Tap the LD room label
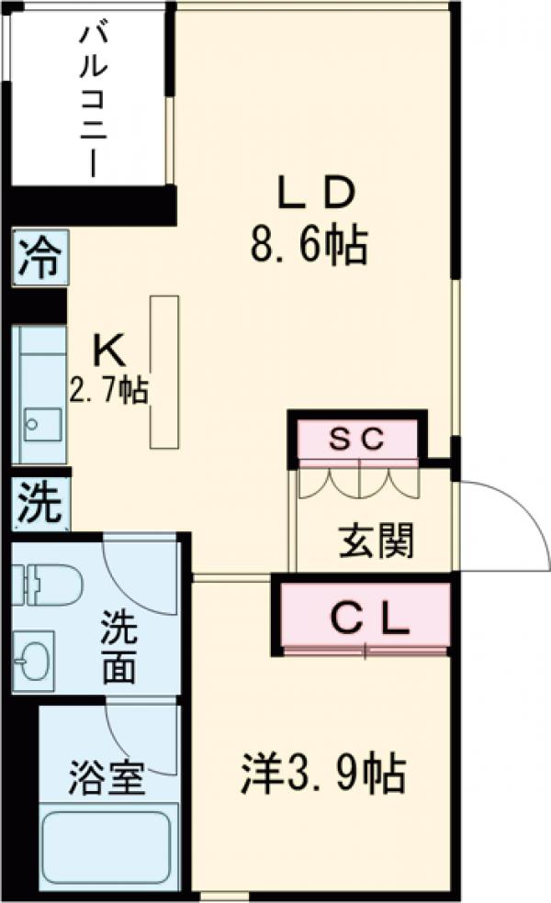tap(315, 193)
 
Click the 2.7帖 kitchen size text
tap(108, 392)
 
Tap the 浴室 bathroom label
tap(107, 779)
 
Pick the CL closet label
tap(368, 621)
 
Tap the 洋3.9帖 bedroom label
tap(323, 774)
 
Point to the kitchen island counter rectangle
tap(164, 372)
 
